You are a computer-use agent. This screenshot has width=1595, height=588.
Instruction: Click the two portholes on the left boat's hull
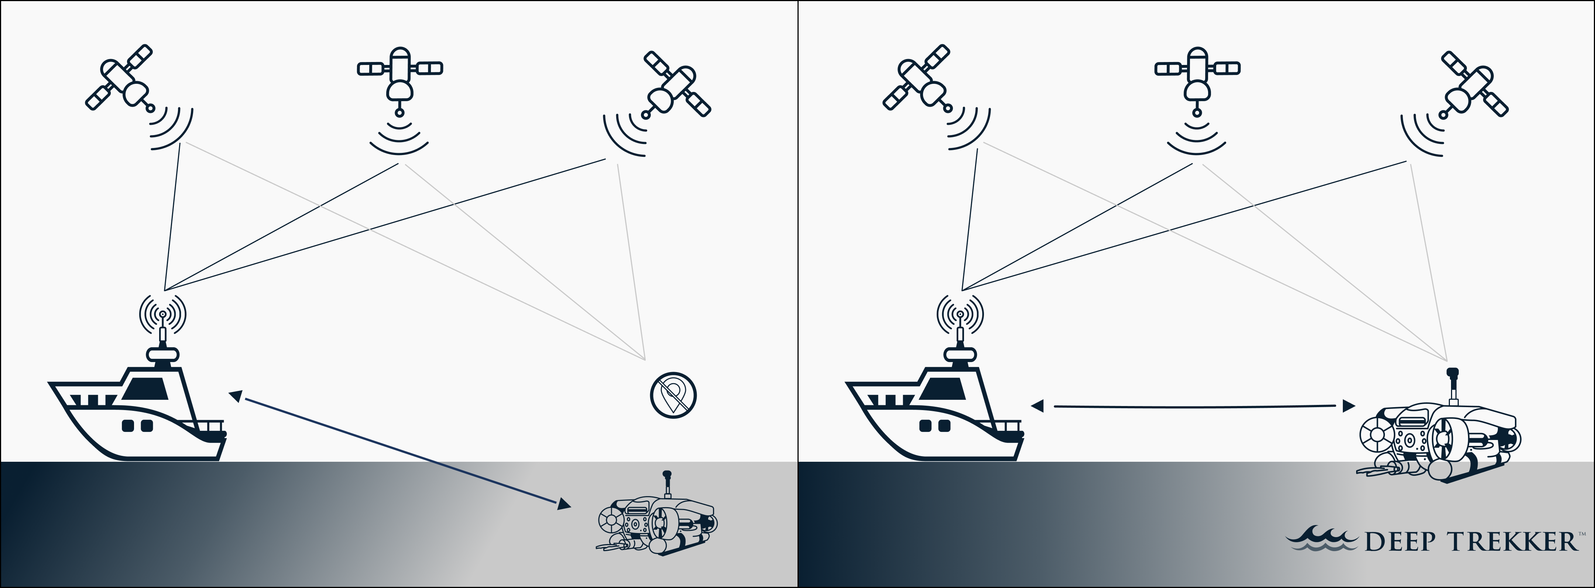click(x=137, y=426)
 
